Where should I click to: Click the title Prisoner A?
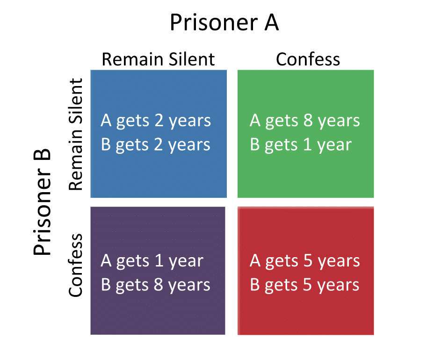pos(224,22)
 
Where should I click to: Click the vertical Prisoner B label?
pos(43,202)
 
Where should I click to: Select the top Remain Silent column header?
pos(159,59)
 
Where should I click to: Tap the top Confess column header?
pos(308,59)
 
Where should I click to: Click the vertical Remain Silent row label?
pos(76,135)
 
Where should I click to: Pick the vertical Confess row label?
pos(76,266)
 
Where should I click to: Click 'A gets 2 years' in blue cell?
pos(156,121)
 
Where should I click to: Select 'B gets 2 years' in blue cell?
pos(156,145)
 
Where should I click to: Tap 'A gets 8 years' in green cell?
pos(305,121)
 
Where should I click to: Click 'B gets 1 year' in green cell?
pos(301,145)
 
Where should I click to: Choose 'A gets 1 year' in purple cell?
pos(152,261)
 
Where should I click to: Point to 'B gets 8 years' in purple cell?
pos(156,285)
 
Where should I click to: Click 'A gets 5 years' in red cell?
pos(305,261)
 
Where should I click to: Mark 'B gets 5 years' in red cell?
pos(305,285)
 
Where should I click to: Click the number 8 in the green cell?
pos(308,120)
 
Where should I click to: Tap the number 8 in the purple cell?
pos(159,284)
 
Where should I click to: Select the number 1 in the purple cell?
pos(159,260)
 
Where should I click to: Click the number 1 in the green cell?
pos(308,144)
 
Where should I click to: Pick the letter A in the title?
pos(272,22)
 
